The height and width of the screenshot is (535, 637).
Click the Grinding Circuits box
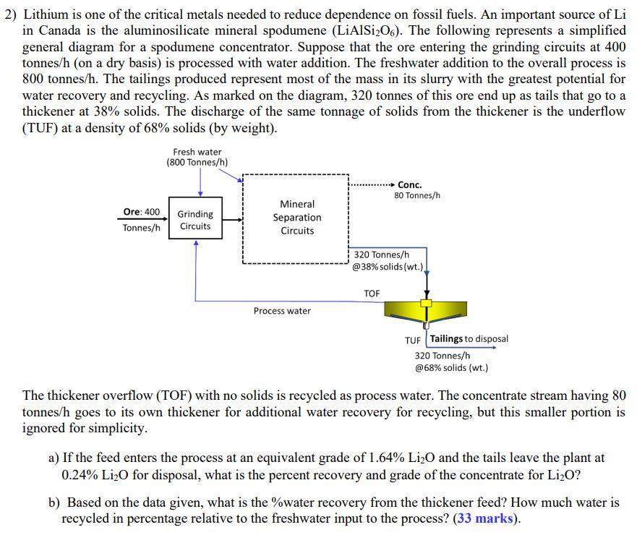click(x=195, y=220)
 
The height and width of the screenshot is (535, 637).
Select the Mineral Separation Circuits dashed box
click(x=296, y=218)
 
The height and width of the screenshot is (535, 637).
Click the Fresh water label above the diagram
click(x=197, y=152)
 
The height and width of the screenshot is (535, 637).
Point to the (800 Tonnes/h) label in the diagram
click(x=197, y=162)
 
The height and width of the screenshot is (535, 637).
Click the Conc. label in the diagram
click(x=409, y=185)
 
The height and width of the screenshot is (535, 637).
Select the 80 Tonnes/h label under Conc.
click(x=417, y=196)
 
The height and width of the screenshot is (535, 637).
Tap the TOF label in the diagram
click(x=372, y=294)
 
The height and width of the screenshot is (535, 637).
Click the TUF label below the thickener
click(x=413, y=340)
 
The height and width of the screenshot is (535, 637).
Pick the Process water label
click(x=282, y=311)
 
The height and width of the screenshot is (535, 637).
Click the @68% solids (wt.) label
click(x=451, y=367)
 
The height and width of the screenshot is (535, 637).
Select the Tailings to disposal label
click(x=469, y=338)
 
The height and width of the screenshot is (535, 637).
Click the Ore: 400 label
click(x=142, y=212)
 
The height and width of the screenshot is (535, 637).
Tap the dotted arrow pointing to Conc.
click(x=372, y=185)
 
